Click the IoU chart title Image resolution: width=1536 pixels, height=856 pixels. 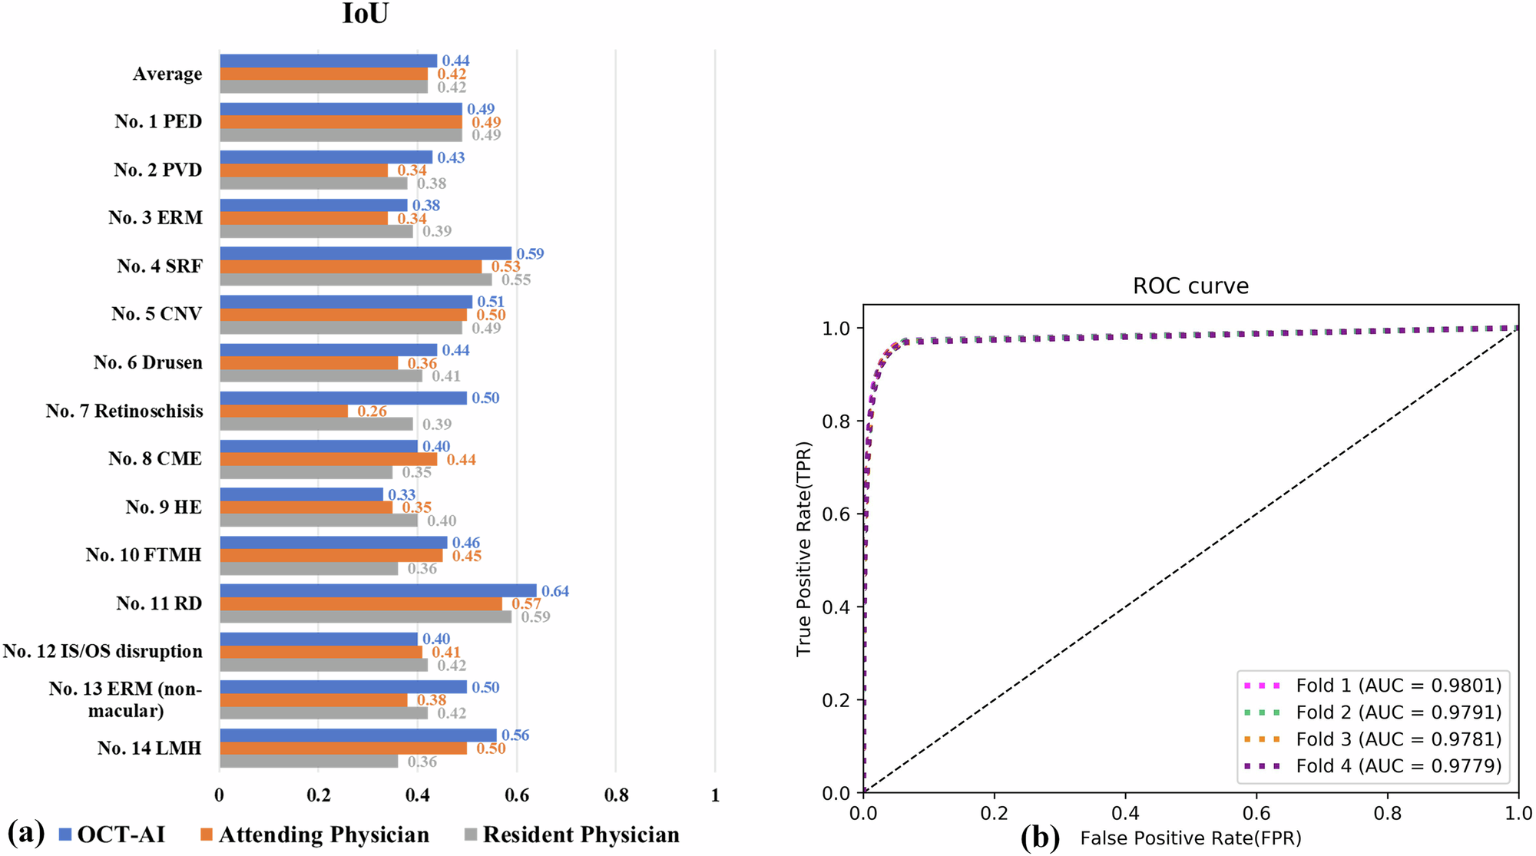(x=366, y=14)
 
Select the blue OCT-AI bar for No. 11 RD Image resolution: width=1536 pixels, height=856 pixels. (x=378, y=590)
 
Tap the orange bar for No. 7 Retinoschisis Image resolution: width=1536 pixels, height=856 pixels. (x=283, y=411)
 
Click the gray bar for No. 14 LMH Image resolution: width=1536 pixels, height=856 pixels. (x=309, y=762)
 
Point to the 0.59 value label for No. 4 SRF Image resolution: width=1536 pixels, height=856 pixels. (x=530, y=253)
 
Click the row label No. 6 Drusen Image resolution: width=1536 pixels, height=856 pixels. (x=148, y=362)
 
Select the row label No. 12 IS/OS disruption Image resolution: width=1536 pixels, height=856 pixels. (x=103, y=651)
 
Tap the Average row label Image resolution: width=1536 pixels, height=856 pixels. (x=167, y=74)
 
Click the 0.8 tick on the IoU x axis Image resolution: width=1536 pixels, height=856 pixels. (x=616, y=795)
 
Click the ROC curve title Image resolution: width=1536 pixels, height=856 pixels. (x=1190, y=286)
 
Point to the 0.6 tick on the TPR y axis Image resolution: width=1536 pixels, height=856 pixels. (x=836, y=514)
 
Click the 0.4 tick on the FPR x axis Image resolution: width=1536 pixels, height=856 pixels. (x=1125, y=813)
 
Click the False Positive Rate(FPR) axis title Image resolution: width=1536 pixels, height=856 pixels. (x=1190, y=838)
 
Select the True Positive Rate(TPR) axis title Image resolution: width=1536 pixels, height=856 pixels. (x=803, y=549)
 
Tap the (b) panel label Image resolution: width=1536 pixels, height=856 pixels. (x=1040, y=837)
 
